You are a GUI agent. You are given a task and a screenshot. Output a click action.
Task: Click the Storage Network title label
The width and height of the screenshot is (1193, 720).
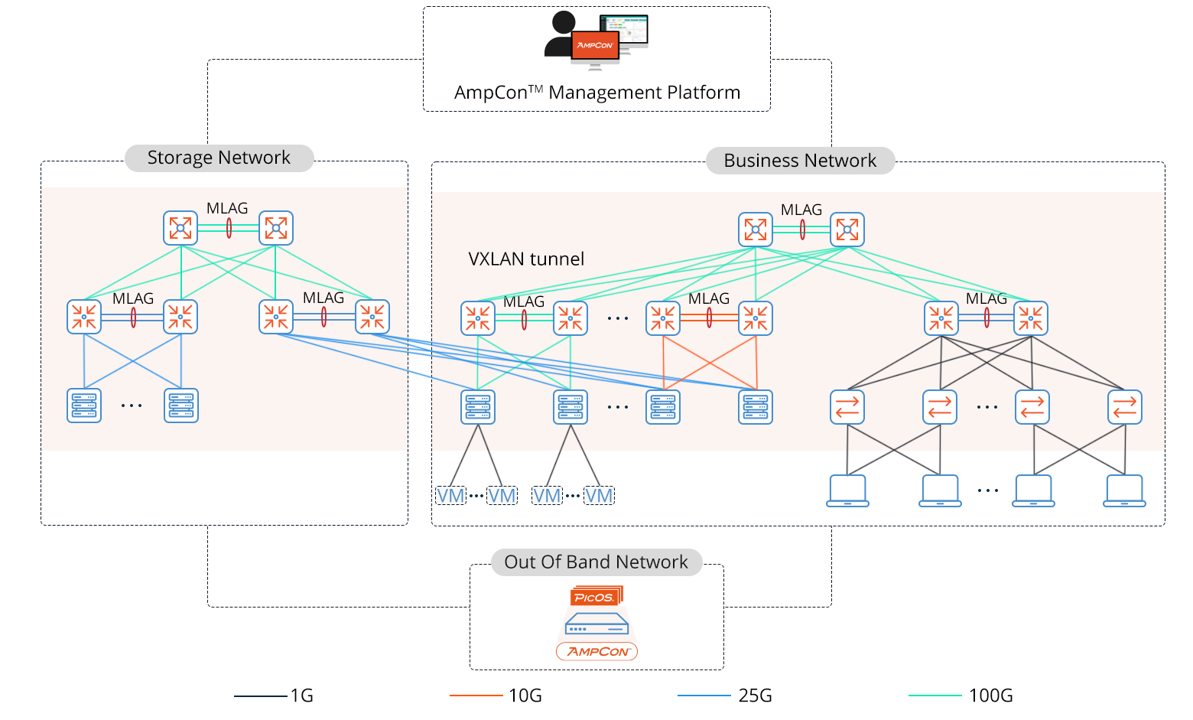coord(219,158)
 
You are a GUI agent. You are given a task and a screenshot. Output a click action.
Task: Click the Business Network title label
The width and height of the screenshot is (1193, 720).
coord(799,161)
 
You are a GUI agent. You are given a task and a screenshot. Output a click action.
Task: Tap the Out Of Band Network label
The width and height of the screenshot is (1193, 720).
coord(596,562)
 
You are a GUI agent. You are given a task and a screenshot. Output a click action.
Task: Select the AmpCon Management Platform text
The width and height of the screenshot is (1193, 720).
coord(596,93)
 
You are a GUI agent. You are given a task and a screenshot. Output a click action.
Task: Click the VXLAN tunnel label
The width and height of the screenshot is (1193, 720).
coord(526,259)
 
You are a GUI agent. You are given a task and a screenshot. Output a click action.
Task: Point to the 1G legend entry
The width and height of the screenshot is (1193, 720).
coord(301,696)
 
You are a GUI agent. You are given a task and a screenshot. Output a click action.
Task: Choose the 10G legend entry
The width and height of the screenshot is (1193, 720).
coord(525,696)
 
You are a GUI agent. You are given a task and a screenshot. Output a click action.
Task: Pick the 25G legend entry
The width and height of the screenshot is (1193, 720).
coord(754,696)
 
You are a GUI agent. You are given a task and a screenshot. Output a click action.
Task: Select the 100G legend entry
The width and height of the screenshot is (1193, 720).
coord(990,696)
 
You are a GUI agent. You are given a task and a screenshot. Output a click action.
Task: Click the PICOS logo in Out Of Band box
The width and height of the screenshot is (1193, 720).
coord(596,596)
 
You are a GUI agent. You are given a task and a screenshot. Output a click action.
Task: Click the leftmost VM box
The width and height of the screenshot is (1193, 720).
coord(450,496)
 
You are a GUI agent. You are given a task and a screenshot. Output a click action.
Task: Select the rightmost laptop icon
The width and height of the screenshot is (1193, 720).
coord(1124,491)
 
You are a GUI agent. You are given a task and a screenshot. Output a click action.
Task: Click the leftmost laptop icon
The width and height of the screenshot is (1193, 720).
coord(847,491)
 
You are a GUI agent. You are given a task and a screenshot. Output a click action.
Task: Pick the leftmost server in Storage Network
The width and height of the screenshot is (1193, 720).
coord(84,406)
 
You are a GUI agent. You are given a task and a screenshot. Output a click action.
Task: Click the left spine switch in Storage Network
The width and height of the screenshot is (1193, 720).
coord(180,228)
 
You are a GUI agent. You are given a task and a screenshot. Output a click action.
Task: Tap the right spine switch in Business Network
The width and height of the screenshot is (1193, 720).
coord(847,230)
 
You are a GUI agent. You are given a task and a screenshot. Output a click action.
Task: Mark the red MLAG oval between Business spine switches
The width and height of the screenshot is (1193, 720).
coord(802,230)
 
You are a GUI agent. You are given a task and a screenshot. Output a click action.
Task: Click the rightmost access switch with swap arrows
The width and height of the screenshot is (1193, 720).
coord(1124,407)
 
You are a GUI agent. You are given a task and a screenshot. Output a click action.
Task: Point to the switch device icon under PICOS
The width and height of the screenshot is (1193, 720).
coord(596,626)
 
